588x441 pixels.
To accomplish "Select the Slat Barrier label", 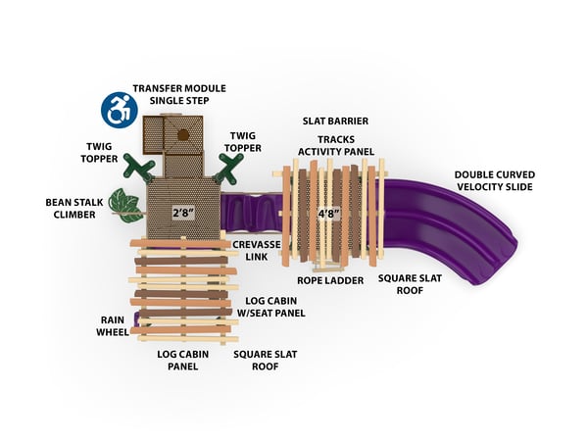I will (x=328, y=122).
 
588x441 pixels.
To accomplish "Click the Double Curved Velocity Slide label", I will (x=494, y=180).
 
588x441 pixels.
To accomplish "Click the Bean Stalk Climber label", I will (x=71, y=208).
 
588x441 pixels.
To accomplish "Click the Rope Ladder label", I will (x=331, y=280).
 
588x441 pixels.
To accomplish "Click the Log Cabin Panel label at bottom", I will (x=178, y=360).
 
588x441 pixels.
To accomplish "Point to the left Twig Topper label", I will (x=102, y=152).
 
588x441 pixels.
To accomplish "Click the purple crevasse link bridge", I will (x=251, y=211).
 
